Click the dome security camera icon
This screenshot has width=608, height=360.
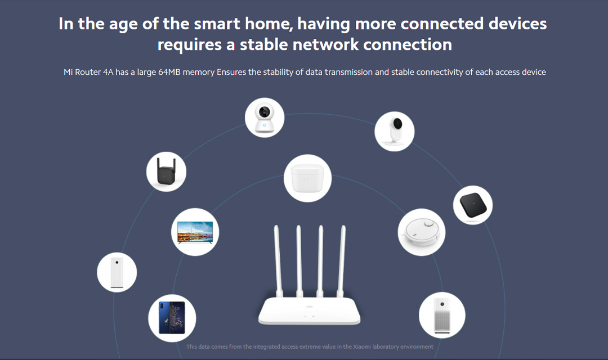click(265, 118)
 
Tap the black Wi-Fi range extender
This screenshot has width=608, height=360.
click(166, 171)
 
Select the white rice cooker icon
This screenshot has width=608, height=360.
click(307, 178)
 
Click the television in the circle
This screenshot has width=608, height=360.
click(195, 232)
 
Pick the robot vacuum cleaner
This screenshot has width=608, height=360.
click(422, 232)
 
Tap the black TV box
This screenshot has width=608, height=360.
click(473, 205)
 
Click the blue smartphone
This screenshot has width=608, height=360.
click(172, 318)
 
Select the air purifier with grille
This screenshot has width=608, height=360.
click(442, 316)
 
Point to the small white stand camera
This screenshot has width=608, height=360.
click(395, 132)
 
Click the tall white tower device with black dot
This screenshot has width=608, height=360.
click(117, 272)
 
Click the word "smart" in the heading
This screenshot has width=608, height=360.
click(217, 24)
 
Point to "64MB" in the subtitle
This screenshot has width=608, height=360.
click(169, 72)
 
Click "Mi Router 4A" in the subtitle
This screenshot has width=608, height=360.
click(88, 72)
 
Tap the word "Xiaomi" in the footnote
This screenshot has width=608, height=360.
click(361, 346)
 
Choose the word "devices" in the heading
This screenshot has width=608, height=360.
click(518, 24)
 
